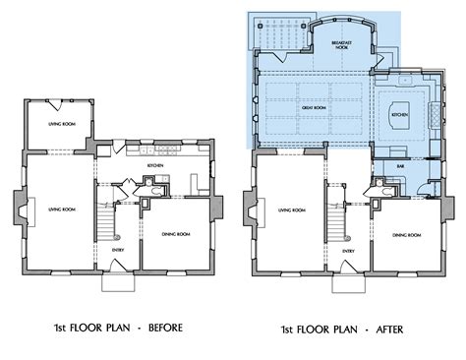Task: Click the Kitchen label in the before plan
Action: click(x=154, y=166)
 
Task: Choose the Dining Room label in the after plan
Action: click(x=402, y=235)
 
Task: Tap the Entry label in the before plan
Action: click(x=118, y=250)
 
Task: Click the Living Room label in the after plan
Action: click(x=291, y=210)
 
